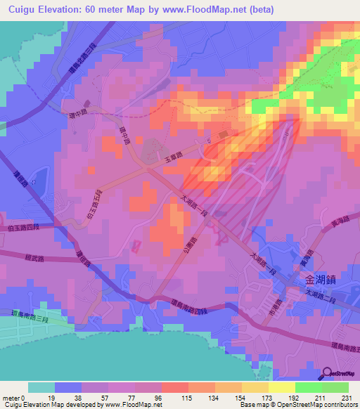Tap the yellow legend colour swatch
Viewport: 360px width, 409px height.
tap(281, 387)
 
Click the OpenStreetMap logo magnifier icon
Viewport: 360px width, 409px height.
tap(326, 372)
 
